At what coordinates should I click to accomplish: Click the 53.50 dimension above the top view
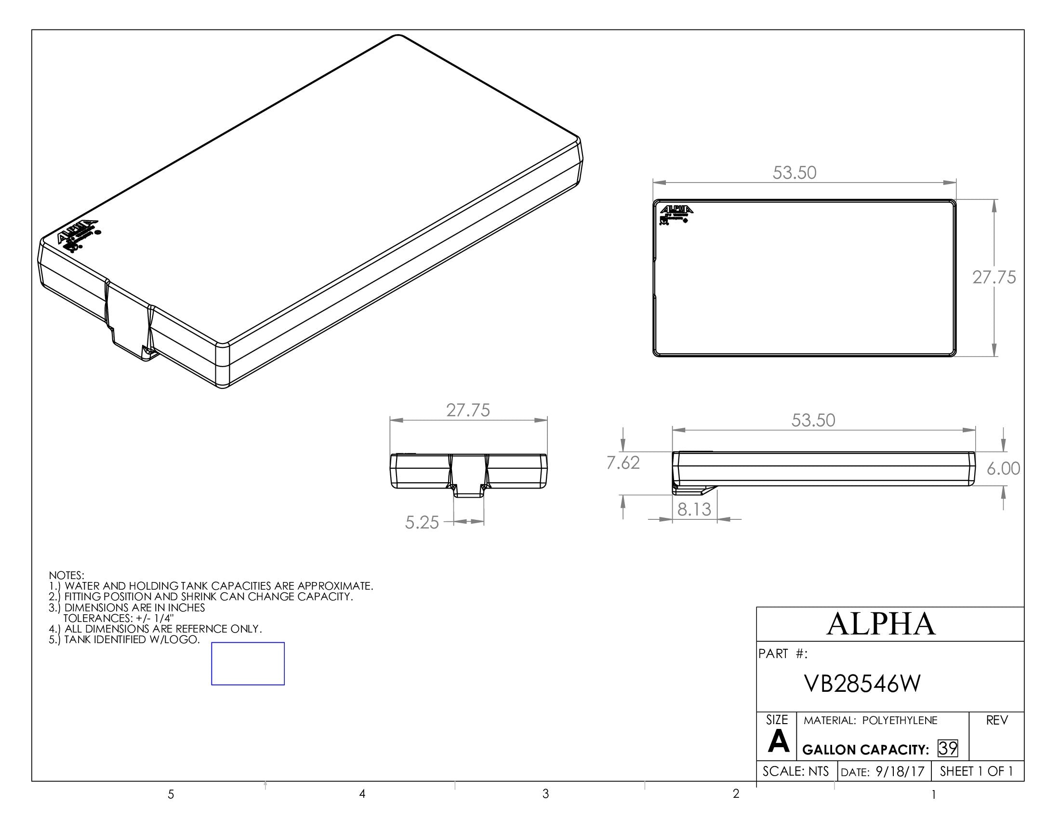(x=795, y=173)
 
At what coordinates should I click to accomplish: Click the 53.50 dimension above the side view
(x=813, y=420)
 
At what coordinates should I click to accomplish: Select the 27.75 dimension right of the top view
(x=994, y=277)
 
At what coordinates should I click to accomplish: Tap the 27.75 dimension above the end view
(x=468, y=410)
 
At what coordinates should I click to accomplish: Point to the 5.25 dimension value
(x=422, y=523)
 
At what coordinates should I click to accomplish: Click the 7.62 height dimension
(x=623, y=463)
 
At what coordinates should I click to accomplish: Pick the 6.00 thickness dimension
(x=1003, y=469)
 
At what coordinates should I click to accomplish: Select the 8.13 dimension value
(x=694, y=509)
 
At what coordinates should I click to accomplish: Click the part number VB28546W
(x=862, y=684)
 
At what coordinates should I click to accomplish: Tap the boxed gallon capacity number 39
(x=948, y=749)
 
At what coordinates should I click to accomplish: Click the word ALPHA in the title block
(x=881, y=624)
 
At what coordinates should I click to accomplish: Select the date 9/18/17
(x=900, y=771)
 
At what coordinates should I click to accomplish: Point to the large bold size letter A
(x=779, y=742)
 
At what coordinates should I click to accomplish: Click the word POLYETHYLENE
(x=900, y=721)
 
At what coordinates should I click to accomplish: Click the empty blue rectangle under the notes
(x=248, y=664)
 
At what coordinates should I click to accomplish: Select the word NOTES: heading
(x=66, y=575)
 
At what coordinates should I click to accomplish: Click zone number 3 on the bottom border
(x=545, y=794)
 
